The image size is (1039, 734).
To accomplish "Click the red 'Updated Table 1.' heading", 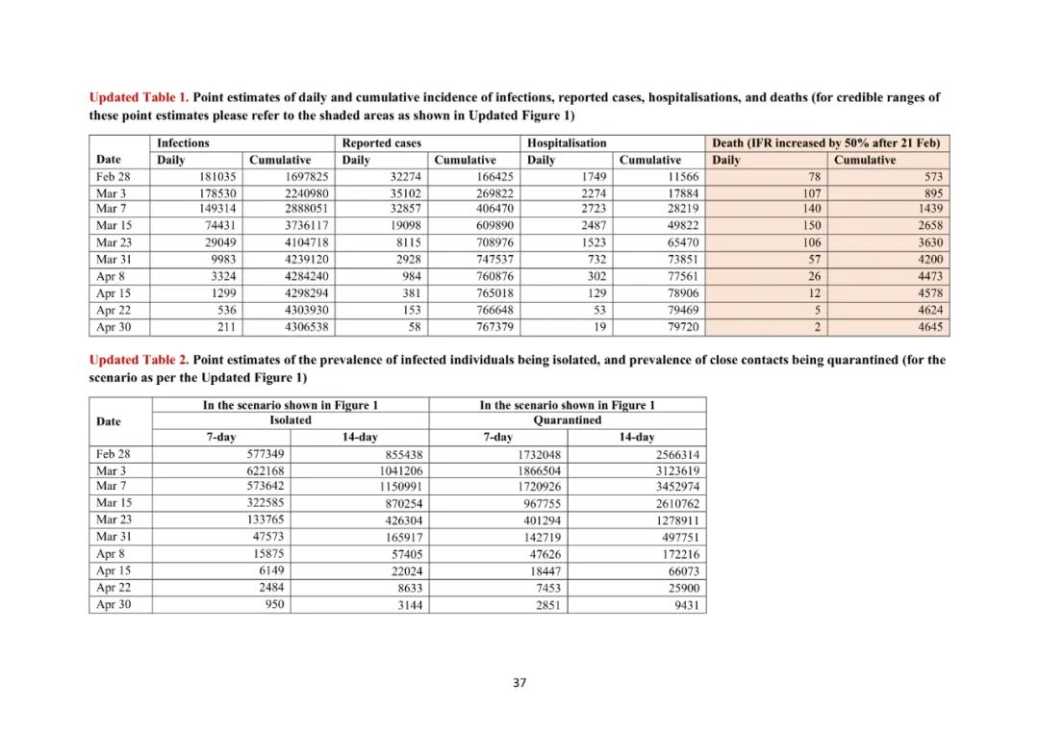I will [139, 98].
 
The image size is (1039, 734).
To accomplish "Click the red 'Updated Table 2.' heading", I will [139, 361].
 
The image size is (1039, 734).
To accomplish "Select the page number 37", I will [519, 683].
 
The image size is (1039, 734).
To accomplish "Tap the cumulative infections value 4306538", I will [307, 328].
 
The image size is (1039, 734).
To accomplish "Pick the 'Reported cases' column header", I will [382, 143].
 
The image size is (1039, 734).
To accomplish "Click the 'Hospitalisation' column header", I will [567, 143].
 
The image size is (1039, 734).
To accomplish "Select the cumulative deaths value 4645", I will [929, 328].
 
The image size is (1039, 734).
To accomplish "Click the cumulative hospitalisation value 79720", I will [679, 328].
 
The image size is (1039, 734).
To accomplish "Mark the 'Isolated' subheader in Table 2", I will [290, 420].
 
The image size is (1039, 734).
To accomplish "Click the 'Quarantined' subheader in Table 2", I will [567, 420].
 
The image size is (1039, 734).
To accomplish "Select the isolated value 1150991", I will [399, 487].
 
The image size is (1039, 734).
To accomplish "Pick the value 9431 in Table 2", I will [685, 606].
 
